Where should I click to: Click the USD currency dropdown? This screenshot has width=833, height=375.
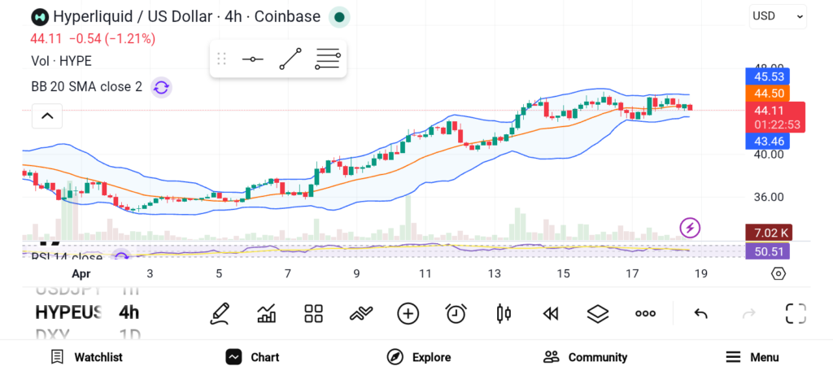(778, 15)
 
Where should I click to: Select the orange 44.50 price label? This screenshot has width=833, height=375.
(767, 94)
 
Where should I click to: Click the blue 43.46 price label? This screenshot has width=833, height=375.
(767, 141)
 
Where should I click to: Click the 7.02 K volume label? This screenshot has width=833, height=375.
(768, 233)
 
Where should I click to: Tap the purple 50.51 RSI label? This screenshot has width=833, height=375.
(768, 251)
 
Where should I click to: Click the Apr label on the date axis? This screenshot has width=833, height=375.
(81, 274)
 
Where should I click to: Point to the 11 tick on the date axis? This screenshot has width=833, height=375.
(425, 274)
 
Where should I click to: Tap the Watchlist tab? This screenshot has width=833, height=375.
(86, 357)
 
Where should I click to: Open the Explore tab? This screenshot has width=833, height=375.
(419, 357)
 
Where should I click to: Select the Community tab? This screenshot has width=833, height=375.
(586, 357)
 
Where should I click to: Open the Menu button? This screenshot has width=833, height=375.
(752, 357)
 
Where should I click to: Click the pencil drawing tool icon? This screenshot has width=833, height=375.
(219, 313)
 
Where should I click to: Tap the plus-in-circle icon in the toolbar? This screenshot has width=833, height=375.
(408, 313)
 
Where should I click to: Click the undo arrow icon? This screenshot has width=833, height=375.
(700, 313)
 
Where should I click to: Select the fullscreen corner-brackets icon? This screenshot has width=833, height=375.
(796, 313)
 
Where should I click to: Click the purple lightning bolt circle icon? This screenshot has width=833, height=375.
(690, 228)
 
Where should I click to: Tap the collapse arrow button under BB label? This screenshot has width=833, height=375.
(47, 116)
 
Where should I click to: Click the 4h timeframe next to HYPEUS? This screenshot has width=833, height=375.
(129, 312)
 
